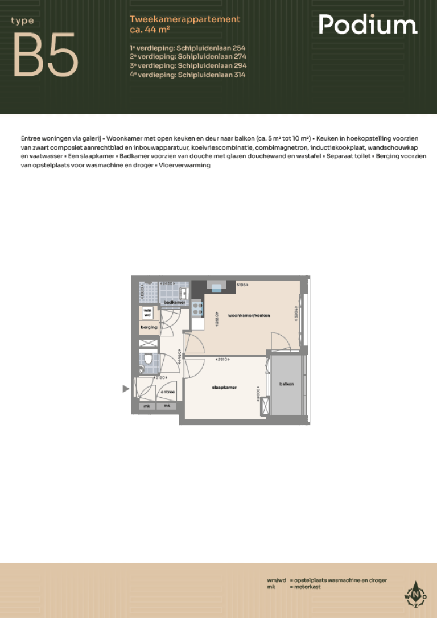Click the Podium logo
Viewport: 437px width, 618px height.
(x=368, y=25)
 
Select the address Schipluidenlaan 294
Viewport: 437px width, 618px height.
(x=188, y=65)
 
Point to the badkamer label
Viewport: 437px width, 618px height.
(x=171, y=302)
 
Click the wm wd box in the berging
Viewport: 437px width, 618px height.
(x=147, y=312)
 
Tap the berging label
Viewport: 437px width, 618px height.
(x=149, y=327)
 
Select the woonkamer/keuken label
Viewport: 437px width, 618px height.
(x=249, y=315)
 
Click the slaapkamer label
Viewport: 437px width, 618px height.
(x=224, y=387)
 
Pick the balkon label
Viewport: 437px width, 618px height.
(x=287, y=384)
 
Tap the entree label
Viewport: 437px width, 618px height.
(x=167, y=392)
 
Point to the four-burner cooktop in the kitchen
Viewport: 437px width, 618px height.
(x=197, y=308)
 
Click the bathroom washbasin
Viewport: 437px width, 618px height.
(x=184, y=293)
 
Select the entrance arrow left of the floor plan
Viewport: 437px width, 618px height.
(x=126, y=389)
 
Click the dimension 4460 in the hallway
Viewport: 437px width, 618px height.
(x=180, y=357)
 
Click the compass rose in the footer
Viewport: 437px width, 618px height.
(x=415, y=595)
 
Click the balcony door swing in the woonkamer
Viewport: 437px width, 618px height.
(x=280, y=343)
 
